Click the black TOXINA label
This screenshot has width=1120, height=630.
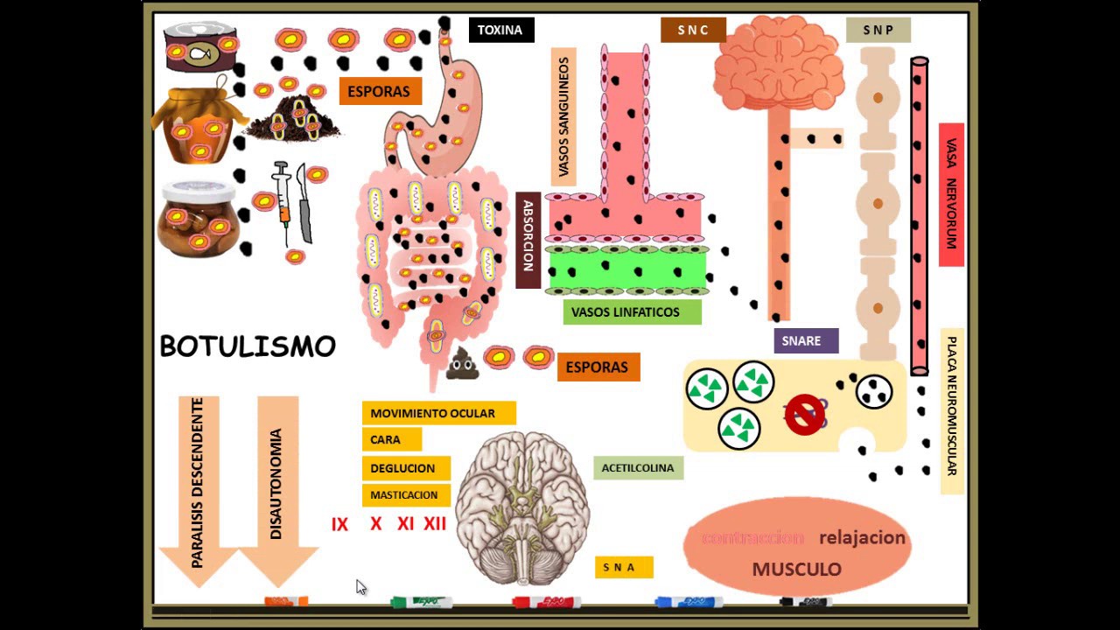point(500,30)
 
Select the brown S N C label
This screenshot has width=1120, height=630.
point(693,30)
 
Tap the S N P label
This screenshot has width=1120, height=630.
point(878,30)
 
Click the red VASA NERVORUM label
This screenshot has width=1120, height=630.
point(951,194)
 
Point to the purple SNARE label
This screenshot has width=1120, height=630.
point(806,341)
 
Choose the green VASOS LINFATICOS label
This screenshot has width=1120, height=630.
point(632,312)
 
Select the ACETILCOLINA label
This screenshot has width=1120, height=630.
point(638,468)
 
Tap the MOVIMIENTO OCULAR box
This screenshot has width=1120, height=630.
point(438,413)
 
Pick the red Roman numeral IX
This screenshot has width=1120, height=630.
point(339,524)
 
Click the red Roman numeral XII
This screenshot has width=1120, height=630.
point(435,524)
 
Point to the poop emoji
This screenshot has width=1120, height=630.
point(461,363)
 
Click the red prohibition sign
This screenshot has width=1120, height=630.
point(804,415)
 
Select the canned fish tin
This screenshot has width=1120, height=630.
point(201,47)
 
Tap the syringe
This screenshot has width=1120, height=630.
point(282,201)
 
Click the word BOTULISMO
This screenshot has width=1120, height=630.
point(248,346)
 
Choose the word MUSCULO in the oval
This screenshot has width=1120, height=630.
point(796,570)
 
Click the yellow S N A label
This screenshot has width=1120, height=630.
point(624,567)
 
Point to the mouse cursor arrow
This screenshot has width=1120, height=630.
point(360,586)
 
